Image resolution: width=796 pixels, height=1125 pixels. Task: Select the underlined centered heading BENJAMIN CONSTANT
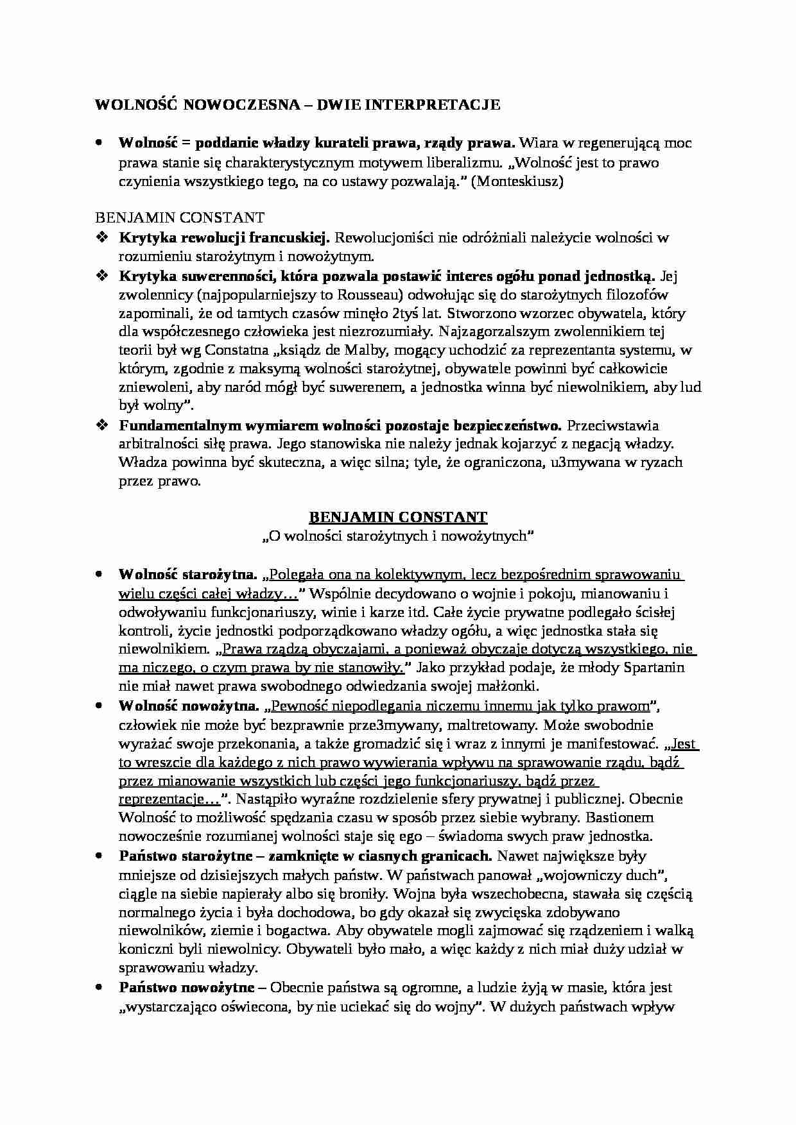[x=398, y=517]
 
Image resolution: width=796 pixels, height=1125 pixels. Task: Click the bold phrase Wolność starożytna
[x=188, y=573]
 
